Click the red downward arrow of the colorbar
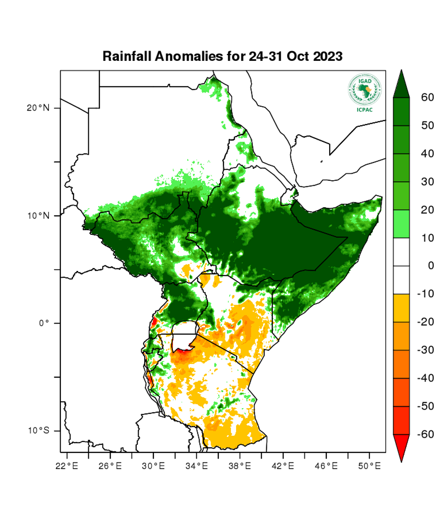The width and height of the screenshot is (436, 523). pos(401,446)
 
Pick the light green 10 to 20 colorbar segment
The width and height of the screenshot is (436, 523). pos(401,224)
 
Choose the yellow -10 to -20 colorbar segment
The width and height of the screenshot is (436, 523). pos(401,308)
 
